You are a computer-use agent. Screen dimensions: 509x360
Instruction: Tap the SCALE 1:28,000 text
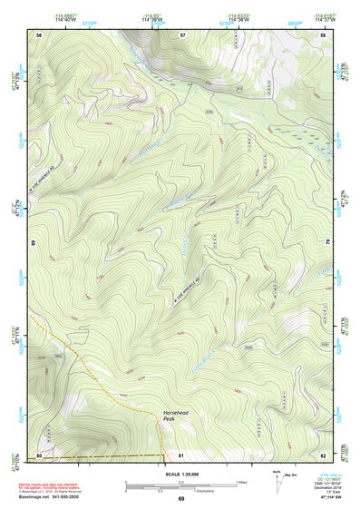tap(181, 475)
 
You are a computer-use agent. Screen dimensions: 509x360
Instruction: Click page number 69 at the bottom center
tap(181, 499)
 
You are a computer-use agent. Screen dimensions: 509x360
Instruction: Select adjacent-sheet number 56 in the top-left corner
tap(39, 34)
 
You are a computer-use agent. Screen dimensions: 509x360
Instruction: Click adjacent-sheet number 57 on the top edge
tap(182, 34)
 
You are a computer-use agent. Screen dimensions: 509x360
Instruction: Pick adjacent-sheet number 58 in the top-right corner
tap(324, 34)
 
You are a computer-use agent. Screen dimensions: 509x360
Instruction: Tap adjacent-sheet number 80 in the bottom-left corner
tap(39, 455)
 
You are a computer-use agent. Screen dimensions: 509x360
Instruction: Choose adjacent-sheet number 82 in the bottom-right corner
tap(324, 455)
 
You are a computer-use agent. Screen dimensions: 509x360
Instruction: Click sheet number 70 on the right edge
tap(327, 243)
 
